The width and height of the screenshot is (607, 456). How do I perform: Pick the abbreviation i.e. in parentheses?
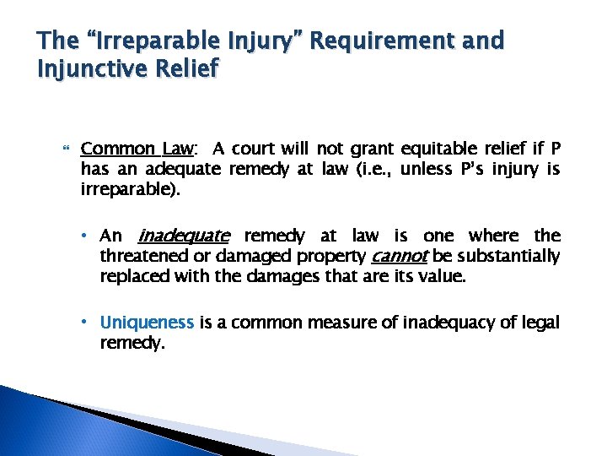(373, 169)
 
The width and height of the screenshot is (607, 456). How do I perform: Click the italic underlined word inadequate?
(182, 236)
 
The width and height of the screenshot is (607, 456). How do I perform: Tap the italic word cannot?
(400, 256)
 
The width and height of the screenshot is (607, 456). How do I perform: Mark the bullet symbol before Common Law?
(67, 150)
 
